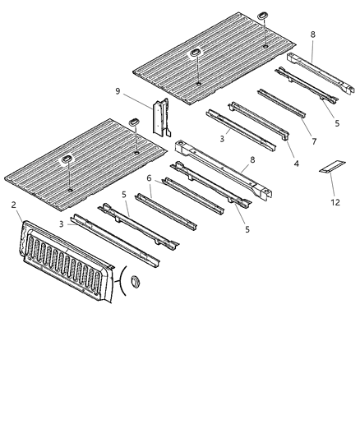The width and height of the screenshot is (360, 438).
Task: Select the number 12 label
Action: (x=335, y=202)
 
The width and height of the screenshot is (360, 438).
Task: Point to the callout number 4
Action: (x=296, y=163)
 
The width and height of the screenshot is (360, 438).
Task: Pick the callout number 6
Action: (x=149, y=178)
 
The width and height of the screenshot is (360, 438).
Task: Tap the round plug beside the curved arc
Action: (x=132, y=284)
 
